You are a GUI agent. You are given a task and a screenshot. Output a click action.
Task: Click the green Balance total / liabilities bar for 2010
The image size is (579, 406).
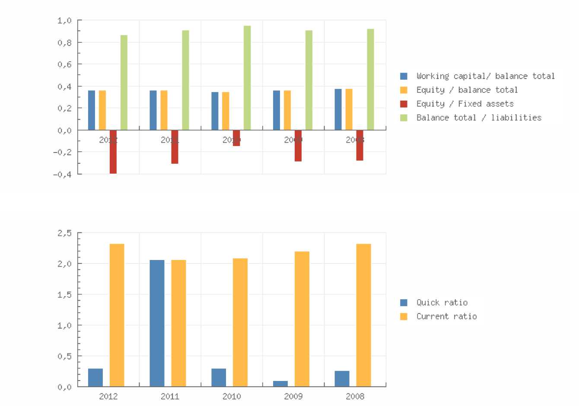pyautogui.click(x=247, y=78)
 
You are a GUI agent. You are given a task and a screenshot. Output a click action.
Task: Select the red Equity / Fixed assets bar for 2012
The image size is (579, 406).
pyautogui.click(x=113, y=152)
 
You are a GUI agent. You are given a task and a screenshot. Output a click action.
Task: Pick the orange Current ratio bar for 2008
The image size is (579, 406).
pyautogui.click(x=363, y=315)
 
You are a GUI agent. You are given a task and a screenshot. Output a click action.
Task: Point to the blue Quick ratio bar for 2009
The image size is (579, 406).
pyautogui.click(x=280, y=384)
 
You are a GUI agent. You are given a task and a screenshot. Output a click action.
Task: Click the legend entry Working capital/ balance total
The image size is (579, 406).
pyautogui.click(x=485, y=76)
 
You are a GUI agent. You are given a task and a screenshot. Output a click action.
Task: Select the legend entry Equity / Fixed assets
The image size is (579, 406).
pyautogui.click(x=465, y=104)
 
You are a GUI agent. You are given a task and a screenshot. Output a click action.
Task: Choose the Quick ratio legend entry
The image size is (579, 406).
pyautogui.click(x=442, y=302)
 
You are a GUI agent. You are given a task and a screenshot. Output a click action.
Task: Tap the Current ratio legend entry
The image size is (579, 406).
pyautogui.click(x=446, y=316)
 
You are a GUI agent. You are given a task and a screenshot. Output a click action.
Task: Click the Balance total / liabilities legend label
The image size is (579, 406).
pyautogui.click(x=479, y=117)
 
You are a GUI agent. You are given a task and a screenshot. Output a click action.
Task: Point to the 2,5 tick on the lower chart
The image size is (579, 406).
pyautogui.click(x=64, y=233)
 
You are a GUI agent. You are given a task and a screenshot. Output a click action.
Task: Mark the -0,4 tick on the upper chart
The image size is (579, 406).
pyautogui.click(x=62, y=174)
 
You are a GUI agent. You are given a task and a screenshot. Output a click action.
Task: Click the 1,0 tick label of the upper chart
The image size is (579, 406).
pyautogui.click(x=64, y=20)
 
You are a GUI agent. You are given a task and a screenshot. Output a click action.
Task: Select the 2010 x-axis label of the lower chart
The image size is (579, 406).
pyautogui.click(x=232, y=396)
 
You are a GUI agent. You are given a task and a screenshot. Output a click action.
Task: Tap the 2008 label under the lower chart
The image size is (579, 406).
pyautogui.click(x=355, y=396)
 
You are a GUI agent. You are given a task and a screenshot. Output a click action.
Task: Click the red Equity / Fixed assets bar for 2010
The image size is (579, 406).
pyautogui.click(x=236, y=138)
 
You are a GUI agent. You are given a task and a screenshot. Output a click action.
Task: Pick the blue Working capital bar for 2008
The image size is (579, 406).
pyautogui.click(x=338, y=109)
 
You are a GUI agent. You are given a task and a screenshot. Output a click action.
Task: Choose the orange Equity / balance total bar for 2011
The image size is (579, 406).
pyautogui.click(x=164, y=110)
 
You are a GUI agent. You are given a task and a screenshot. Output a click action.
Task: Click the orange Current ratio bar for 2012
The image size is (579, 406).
pyautogui.click(x=117, y=315)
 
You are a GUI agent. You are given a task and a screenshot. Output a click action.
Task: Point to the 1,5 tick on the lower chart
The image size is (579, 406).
pyautogui.click(x=64, y=295)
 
